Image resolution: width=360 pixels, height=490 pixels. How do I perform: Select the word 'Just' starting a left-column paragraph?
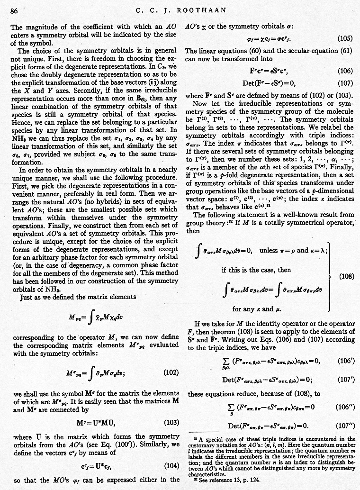(x=27, y=298)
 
